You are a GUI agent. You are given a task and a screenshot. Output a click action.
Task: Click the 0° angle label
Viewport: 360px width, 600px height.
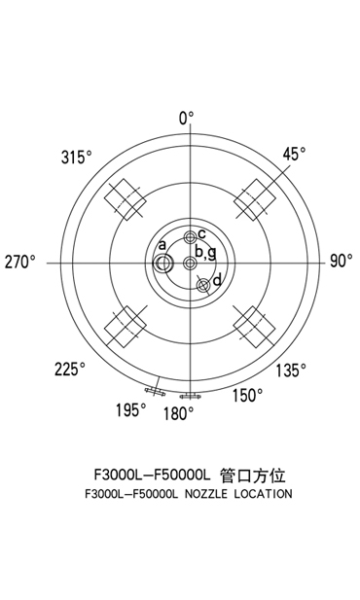[x=187, y=119]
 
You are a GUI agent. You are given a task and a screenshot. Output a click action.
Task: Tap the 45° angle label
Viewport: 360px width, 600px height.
[x=295, y=154]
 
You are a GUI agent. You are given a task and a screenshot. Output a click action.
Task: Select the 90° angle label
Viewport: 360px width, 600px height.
[x=342, y=261]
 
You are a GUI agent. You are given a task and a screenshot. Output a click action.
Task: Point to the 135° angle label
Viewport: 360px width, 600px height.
[x=292, y=371]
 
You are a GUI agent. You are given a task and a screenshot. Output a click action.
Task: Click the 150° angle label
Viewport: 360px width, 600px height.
[x=248, y=395]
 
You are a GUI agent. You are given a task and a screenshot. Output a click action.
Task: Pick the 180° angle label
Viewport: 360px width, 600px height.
[x=179, y=413]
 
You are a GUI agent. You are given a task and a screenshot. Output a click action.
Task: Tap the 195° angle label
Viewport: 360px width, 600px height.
[x=131, y=410]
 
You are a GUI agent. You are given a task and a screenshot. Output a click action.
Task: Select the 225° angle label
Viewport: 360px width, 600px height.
[x=70, y=370]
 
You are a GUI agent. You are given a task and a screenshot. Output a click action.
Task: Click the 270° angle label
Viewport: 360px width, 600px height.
[x=20, y=263]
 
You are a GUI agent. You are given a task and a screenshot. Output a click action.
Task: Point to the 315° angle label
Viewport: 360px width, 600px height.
[x=77, y=157]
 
